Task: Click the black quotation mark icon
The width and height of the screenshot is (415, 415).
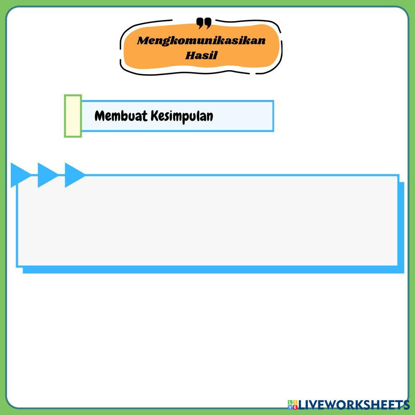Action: [x=204, y=23]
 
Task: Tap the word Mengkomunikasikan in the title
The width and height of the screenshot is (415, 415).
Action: [x=201, y=41]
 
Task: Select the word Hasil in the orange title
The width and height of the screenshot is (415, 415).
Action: [x=201, y=55]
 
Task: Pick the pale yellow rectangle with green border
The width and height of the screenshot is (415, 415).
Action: [x=73, y=116]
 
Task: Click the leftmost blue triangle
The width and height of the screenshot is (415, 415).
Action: [x=20, y=175]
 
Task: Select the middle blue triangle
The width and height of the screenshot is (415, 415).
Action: [x=46, y=175]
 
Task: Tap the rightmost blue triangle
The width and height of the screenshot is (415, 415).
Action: [x=73, y=175]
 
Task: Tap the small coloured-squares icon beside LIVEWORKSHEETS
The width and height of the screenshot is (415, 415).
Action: [x=293, y=405]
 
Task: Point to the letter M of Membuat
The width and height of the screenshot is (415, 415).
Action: [x=100, y=116]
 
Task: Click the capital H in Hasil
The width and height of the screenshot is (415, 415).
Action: [x=190, y=55]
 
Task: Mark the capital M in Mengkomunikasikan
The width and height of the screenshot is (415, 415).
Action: [x=142, y=41]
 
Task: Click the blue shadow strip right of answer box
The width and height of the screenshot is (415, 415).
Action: [x=401, y=226]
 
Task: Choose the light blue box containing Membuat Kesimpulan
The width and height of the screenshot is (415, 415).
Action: [x=245, y=116]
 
